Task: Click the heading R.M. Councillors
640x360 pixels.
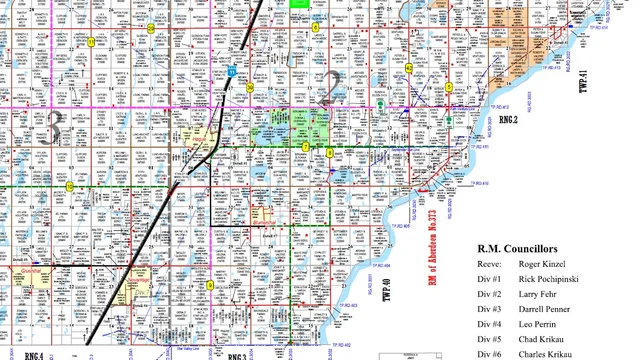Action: coord(522,247)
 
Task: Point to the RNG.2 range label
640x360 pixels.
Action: coord(510,119)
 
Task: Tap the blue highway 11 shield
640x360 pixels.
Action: coord(232,72)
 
